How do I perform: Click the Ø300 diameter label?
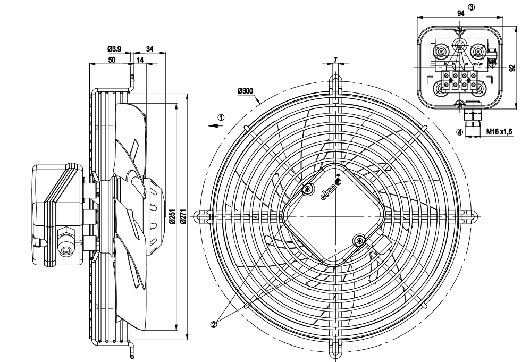(x=246, y=91)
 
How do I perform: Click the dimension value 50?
(x=112, y=61)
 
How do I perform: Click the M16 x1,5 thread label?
(x=499, y=131)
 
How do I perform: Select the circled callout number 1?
(x=221, y=117)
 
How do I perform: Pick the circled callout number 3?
(x=471, y=7)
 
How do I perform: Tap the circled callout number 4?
(x=459, y=131)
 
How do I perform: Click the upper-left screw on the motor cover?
(x=308, y=190)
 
